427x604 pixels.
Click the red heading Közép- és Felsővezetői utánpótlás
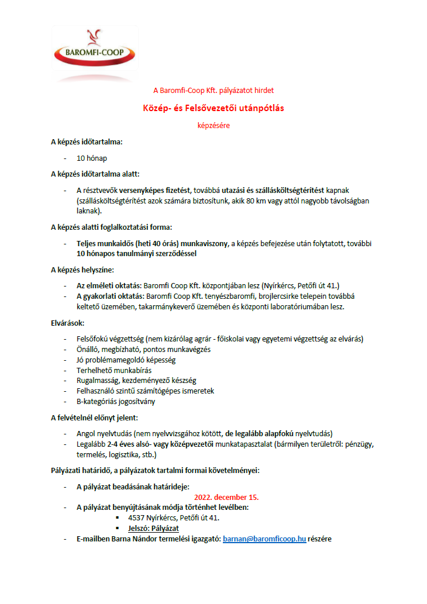[x=213, y=108]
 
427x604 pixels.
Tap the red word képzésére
[x=213, y=124]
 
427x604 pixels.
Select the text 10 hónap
[x=92, y=158]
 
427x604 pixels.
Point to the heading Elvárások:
[x=68, y=322]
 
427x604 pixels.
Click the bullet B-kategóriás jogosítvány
[x=116, y=401]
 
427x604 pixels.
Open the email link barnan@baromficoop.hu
[x=264, y=539]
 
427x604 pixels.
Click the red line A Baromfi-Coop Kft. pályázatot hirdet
[x=213, y=91]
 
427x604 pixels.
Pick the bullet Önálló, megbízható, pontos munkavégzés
[x=143, y=348]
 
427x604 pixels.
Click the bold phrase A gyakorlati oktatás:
[x=111, y=296]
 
